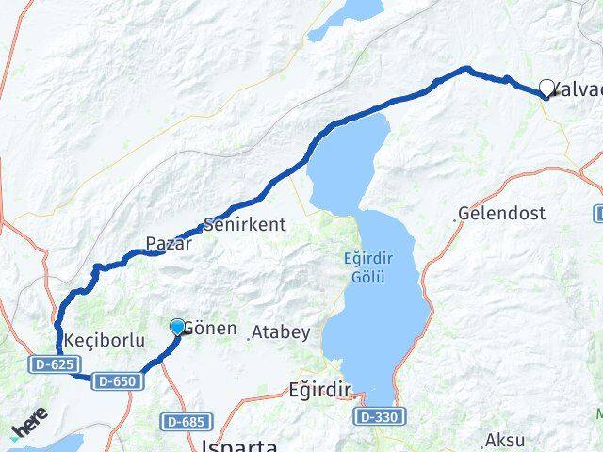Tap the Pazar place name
point(169,244)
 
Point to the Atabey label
point(280,332)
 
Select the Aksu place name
point(503,440)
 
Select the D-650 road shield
point(116,381)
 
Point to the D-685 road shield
point(187,421)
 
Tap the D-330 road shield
point(380,415)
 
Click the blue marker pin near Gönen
point(177,327)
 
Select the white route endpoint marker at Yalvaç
point(546,89)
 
